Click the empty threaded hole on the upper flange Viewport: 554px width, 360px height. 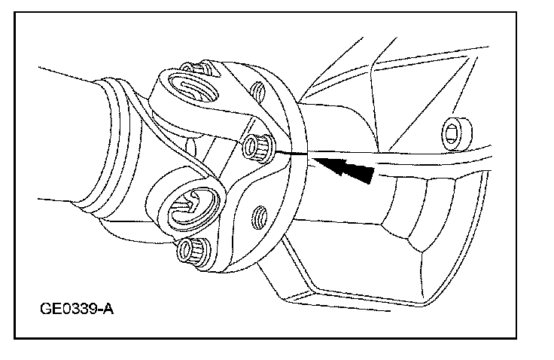click(x=257, y=93)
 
